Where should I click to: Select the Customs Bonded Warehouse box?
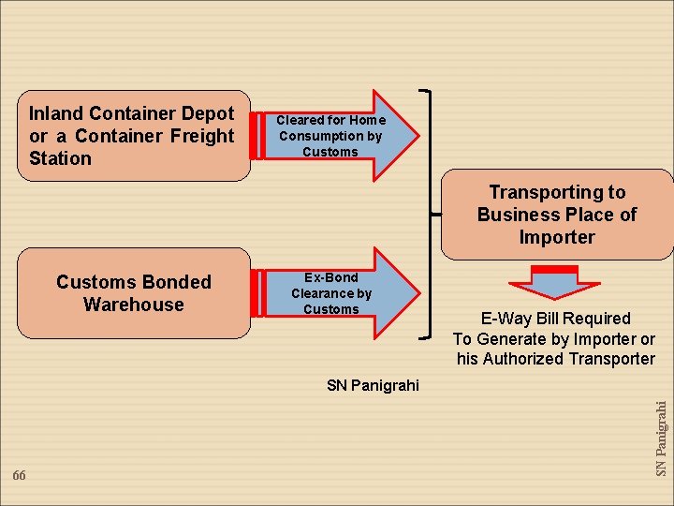tap(133, 292)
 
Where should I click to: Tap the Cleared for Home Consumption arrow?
tap(337, 136)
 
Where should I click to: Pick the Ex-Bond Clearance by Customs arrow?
tap(337, 293)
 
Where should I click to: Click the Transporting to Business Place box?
tap(557, 215)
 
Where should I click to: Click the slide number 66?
tap(20, 476)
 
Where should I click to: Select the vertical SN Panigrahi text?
tap(661, 439)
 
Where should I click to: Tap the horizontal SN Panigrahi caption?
tap(374, 385)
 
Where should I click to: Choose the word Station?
tap(60, 158)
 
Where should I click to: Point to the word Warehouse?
tap(133, 305)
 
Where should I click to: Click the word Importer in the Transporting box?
tap(557, 237)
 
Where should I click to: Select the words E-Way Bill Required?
tap(555, 319)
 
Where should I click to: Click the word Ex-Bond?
tap(331, 277)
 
